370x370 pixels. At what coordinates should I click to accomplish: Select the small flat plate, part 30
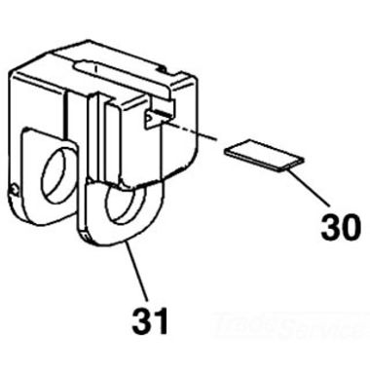tap(262, 154)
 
